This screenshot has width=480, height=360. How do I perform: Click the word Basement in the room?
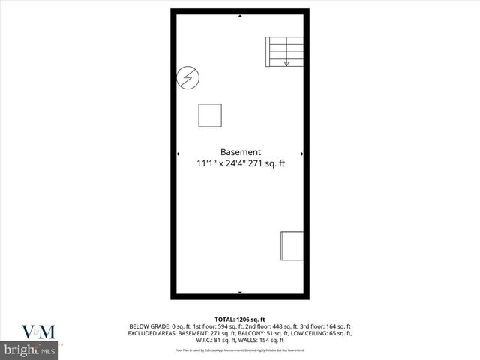click(x=240, y=151)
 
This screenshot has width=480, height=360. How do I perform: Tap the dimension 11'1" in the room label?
click(x=206, y=163)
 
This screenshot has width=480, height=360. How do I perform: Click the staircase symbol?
click(x=284, y=51)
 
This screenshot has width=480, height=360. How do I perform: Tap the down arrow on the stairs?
click(x=286, y=63)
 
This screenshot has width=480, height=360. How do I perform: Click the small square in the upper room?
click(x=210, y=115)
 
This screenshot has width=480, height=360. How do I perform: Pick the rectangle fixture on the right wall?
click(x=292, y=247)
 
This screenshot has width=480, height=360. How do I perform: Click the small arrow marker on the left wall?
click(x=178, y=154)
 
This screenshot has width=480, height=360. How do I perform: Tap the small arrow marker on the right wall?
click(x=302, y=154)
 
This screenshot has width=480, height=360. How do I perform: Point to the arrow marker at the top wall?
click(x=240, y=13)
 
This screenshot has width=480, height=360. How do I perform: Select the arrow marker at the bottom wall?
click(x=240, y=292)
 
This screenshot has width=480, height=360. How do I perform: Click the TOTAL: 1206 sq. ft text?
click(x=240, y=319)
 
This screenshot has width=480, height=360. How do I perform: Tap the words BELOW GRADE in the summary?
click(x=148, y=325)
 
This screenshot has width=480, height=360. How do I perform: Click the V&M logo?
click(x=38, y=331)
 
